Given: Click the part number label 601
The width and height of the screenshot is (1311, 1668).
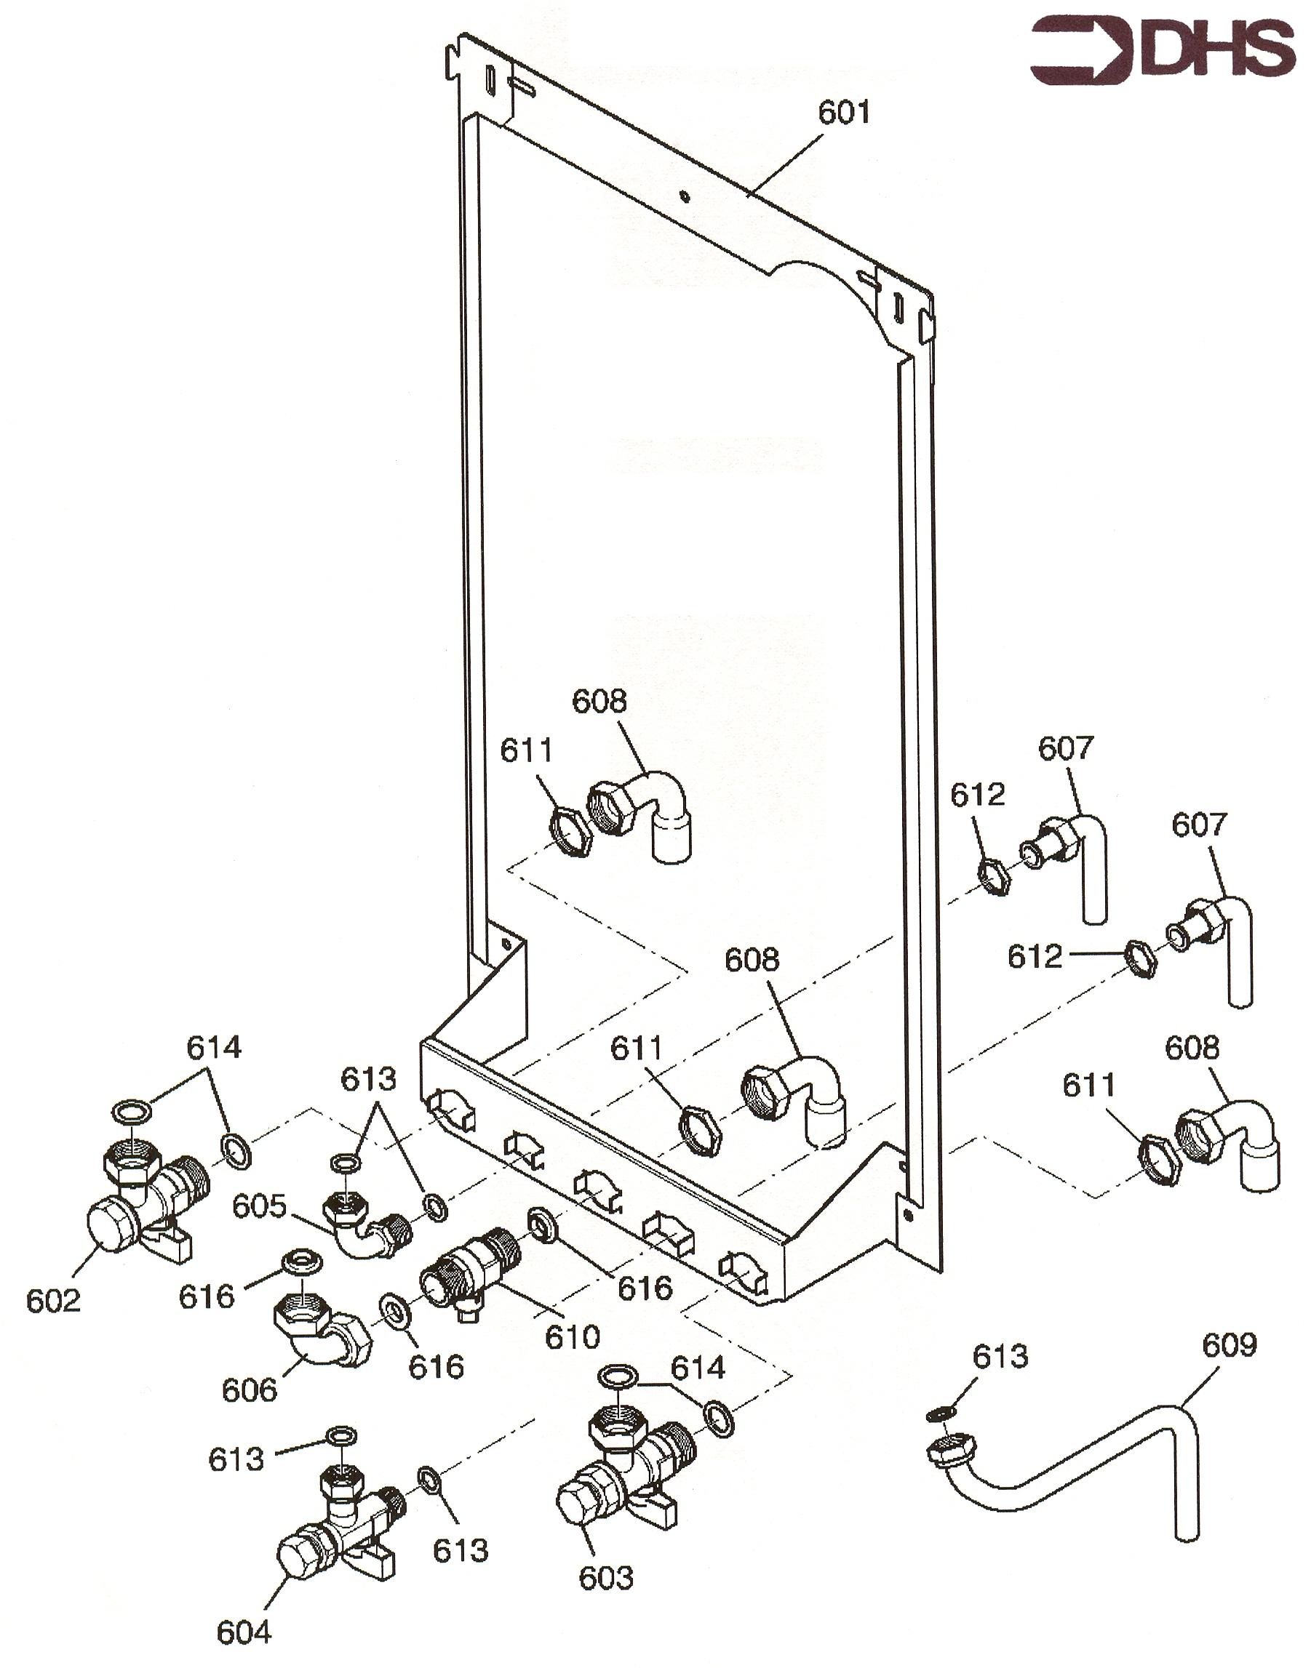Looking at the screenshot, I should tap(843, 113).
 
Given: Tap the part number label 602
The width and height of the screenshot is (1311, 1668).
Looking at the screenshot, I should tap(53, 1300).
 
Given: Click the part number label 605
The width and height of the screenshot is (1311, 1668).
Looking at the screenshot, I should tap(260, 1206).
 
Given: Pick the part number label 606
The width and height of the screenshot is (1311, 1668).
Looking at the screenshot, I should tap(249, 1390).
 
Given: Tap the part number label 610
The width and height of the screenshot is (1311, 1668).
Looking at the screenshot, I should tap(572, 1336).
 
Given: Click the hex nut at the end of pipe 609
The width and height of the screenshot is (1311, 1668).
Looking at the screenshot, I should tap(950, 1448).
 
